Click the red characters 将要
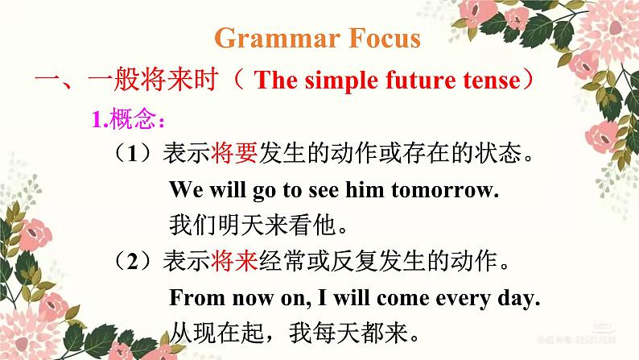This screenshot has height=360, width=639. coord(235,152)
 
